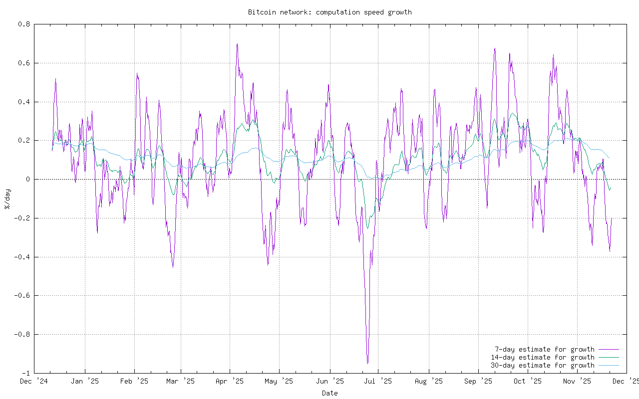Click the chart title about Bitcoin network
329,12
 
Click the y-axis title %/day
7,199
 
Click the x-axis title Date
329,393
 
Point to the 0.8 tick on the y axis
24,24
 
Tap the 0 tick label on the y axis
28,179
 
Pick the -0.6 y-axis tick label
22,296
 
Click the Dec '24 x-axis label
34,382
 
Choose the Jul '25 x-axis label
377,382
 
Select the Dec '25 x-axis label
625,382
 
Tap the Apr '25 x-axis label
230,382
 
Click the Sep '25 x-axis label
478,382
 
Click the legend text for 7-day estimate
544,349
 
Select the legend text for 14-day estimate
542,357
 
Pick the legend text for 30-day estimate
542,365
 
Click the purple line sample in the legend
609,349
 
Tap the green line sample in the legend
609,357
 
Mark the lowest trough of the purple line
367,363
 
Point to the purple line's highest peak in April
237,44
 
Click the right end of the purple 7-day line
612,218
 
